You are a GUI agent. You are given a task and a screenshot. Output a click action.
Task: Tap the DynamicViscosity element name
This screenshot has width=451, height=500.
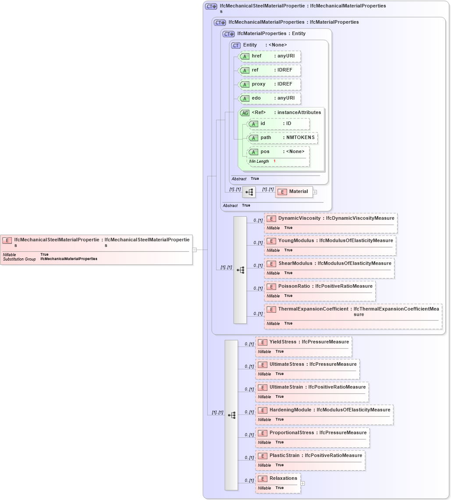pos(299,218)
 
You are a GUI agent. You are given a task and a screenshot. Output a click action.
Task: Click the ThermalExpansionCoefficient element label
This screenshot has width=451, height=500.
pos(313,309)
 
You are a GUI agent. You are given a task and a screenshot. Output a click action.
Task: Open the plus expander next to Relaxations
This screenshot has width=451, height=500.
pos(302,483)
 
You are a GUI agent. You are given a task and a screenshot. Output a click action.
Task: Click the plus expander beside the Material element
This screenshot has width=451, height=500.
pos(315,192)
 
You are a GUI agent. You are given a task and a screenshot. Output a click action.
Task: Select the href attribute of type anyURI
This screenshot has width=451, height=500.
pos(269,56)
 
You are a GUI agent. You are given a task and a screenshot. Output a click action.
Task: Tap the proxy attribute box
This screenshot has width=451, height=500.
pos(269,84)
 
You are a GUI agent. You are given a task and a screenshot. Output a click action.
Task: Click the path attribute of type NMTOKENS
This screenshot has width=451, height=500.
pos(283,138)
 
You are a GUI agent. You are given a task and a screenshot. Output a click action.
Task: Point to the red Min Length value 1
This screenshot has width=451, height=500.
pos(274,161)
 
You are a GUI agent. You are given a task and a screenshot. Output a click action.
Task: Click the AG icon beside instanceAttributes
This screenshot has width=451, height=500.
pos(245,113)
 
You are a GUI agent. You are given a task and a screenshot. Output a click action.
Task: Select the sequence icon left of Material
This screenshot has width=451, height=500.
pos(249,192)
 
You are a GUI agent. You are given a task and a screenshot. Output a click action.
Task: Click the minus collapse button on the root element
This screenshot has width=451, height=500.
pos(194,250)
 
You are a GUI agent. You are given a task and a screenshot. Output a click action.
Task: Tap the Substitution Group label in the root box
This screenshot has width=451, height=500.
pos(19,259)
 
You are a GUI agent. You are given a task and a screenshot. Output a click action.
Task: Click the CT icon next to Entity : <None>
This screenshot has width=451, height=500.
pos(236,45)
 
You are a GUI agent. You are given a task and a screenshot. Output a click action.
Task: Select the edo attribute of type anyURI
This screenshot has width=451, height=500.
pos(269,98)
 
